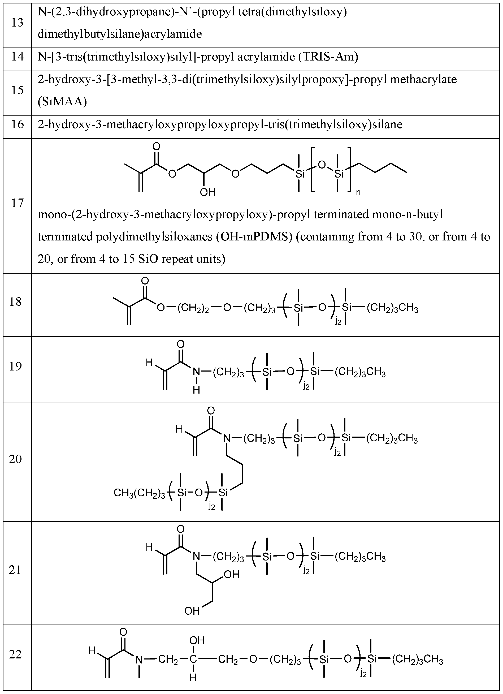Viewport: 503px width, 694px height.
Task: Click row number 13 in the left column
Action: pyautogui.click(x=17, y=23)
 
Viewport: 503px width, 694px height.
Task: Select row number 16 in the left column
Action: pyautogui.click(x=17, y=124)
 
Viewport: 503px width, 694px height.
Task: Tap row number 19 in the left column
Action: pyautogui.click(x=15, y=366)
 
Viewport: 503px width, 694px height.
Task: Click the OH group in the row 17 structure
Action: pyautogui.click(x=208, y=192)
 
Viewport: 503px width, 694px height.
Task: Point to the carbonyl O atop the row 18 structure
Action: pyautogui.click(x=145, y=281)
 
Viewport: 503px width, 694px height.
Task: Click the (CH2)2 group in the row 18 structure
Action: pyautogui.click(x=193, y=308)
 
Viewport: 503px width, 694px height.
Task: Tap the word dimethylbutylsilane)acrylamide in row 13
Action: pyautogui.click(x=120, y=34)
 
